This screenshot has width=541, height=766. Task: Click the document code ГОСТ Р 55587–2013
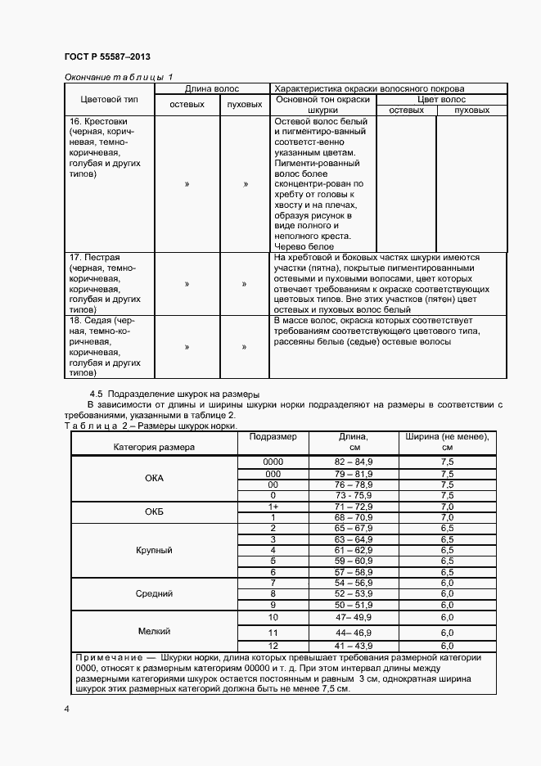click(106, 56)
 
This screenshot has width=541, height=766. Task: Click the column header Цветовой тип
click(109, 99)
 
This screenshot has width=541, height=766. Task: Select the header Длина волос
click(212, 87)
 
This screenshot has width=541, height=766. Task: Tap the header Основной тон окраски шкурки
click(322, 104)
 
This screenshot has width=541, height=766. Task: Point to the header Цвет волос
click(441, 99)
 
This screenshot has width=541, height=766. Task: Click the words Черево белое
click(300, 247)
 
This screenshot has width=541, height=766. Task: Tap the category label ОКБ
click(154, 512)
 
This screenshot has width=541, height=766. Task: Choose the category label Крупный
click(154, 551)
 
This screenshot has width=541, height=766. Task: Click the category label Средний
click(154, 593)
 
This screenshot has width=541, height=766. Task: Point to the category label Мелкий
click(154, 631)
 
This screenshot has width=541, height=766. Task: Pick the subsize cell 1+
click(273, 507)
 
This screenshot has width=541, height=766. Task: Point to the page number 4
click(66, 709)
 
